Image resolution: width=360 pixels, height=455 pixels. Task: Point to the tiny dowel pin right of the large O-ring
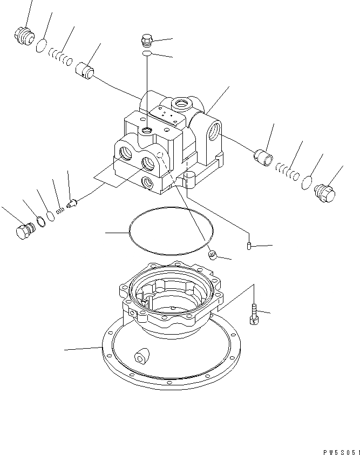click(x=249, y=246)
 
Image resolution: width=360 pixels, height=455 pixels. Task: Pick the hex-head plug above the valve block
click(x=147, y=40)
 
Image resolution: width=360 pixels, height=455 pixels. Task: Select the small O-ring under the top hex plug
click(x=147, y=54)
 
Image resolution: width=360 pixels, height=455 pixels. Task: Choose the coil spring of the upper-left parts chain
click(x=59, y=56)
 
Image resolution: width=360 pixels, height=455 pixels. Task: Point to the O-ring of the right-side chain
click(x=307, y=181)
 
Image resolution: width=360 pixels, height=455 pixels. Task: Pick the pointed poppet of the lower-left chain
click(x=72, y=203)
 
